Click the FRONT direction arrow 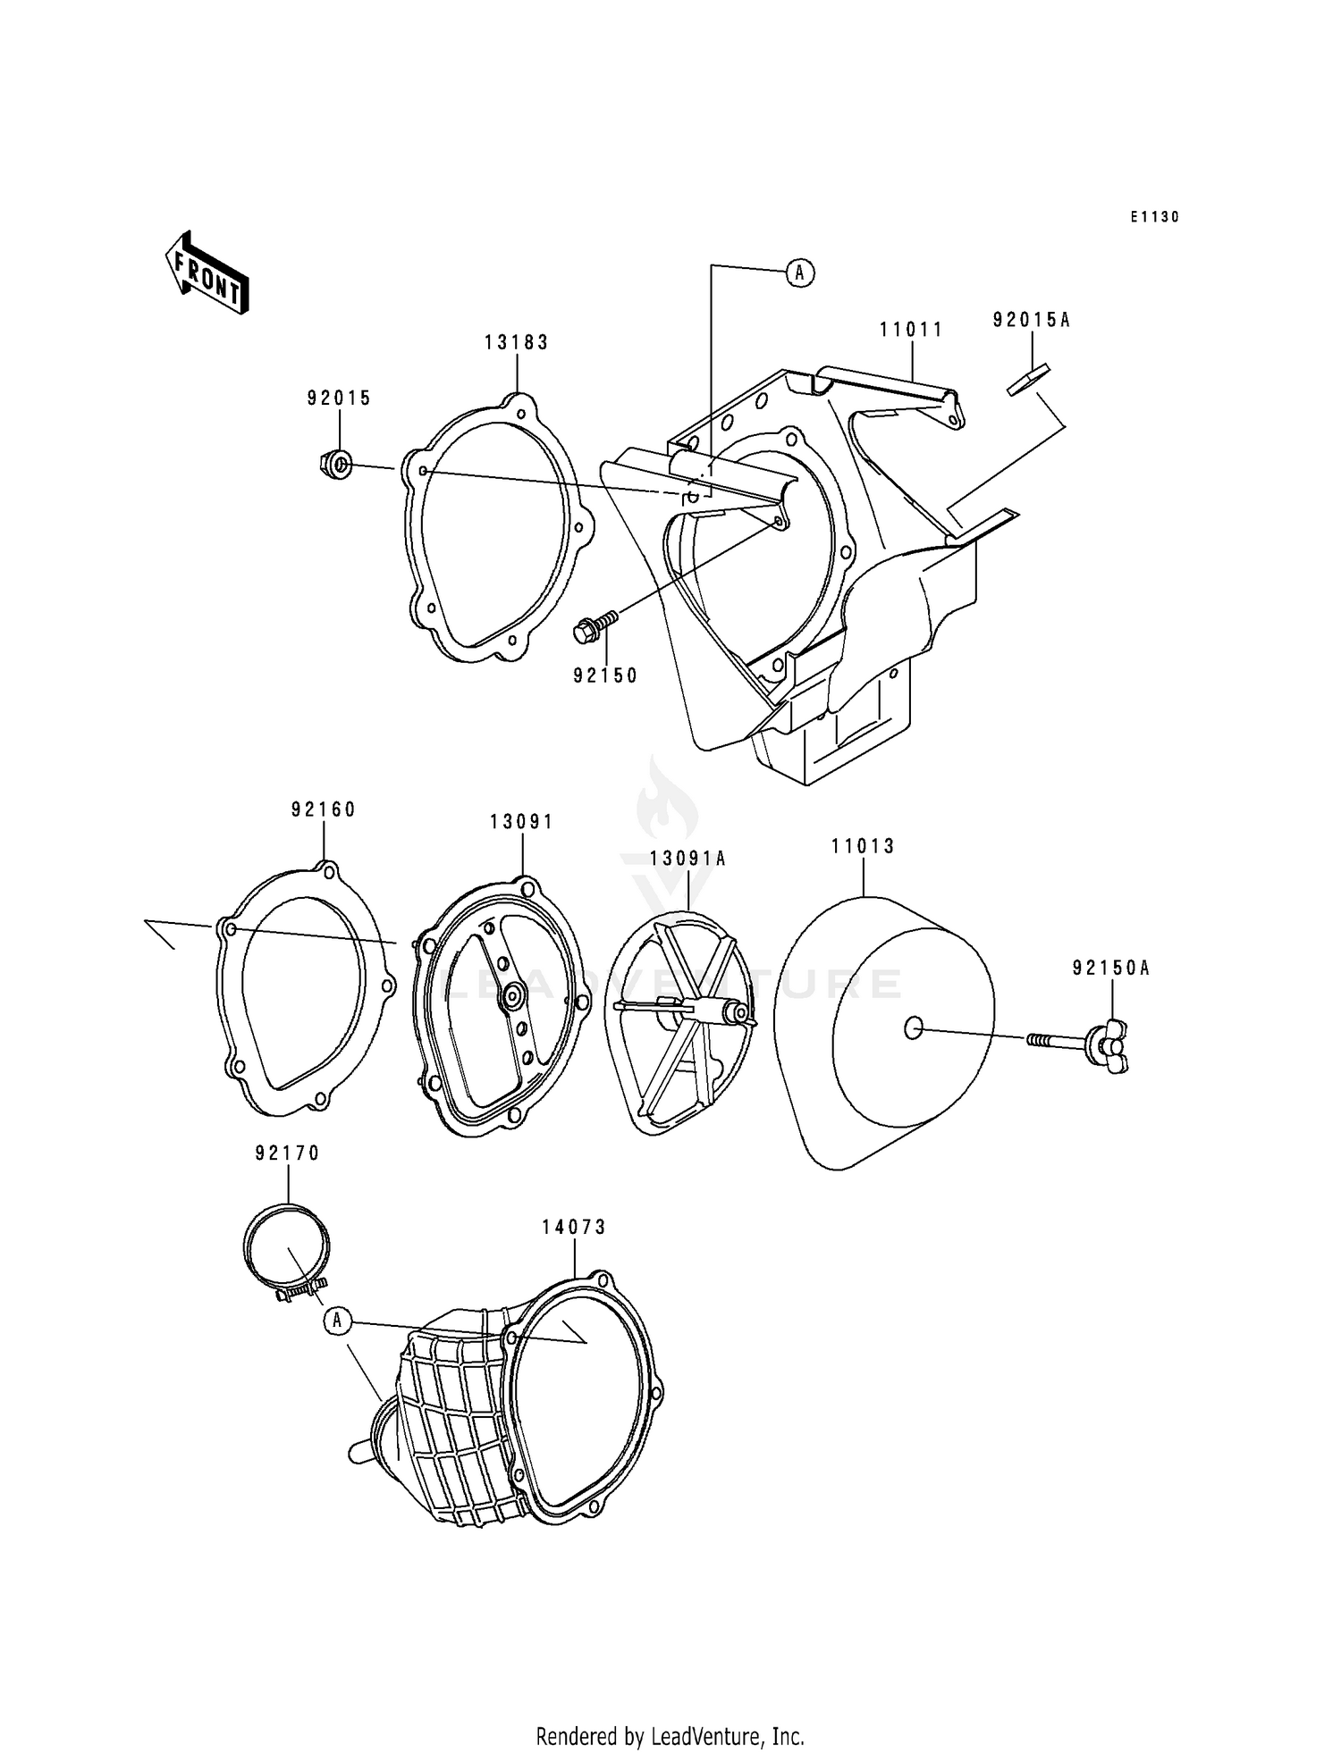click(206, 273)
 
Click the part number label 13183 click(516, 342)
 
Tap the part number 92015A click(1031, 320)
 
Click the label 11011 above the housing click(911, 330)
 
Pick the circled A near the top click(800, 273)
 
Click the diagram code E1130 click(1154, 217)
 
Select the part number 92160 click(323, 809)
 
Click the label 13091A click(687, 859)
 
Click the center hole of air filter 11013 click(913, 1028)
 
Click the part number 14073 click(573, 1228)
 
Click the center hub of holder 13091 click(513, 995)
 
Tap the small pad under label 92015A click(1028, 379)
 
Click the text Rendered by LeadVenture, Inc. click(670, 1737)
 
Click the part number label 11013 click(863, 845)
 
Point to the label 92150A click(1111, 968)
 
